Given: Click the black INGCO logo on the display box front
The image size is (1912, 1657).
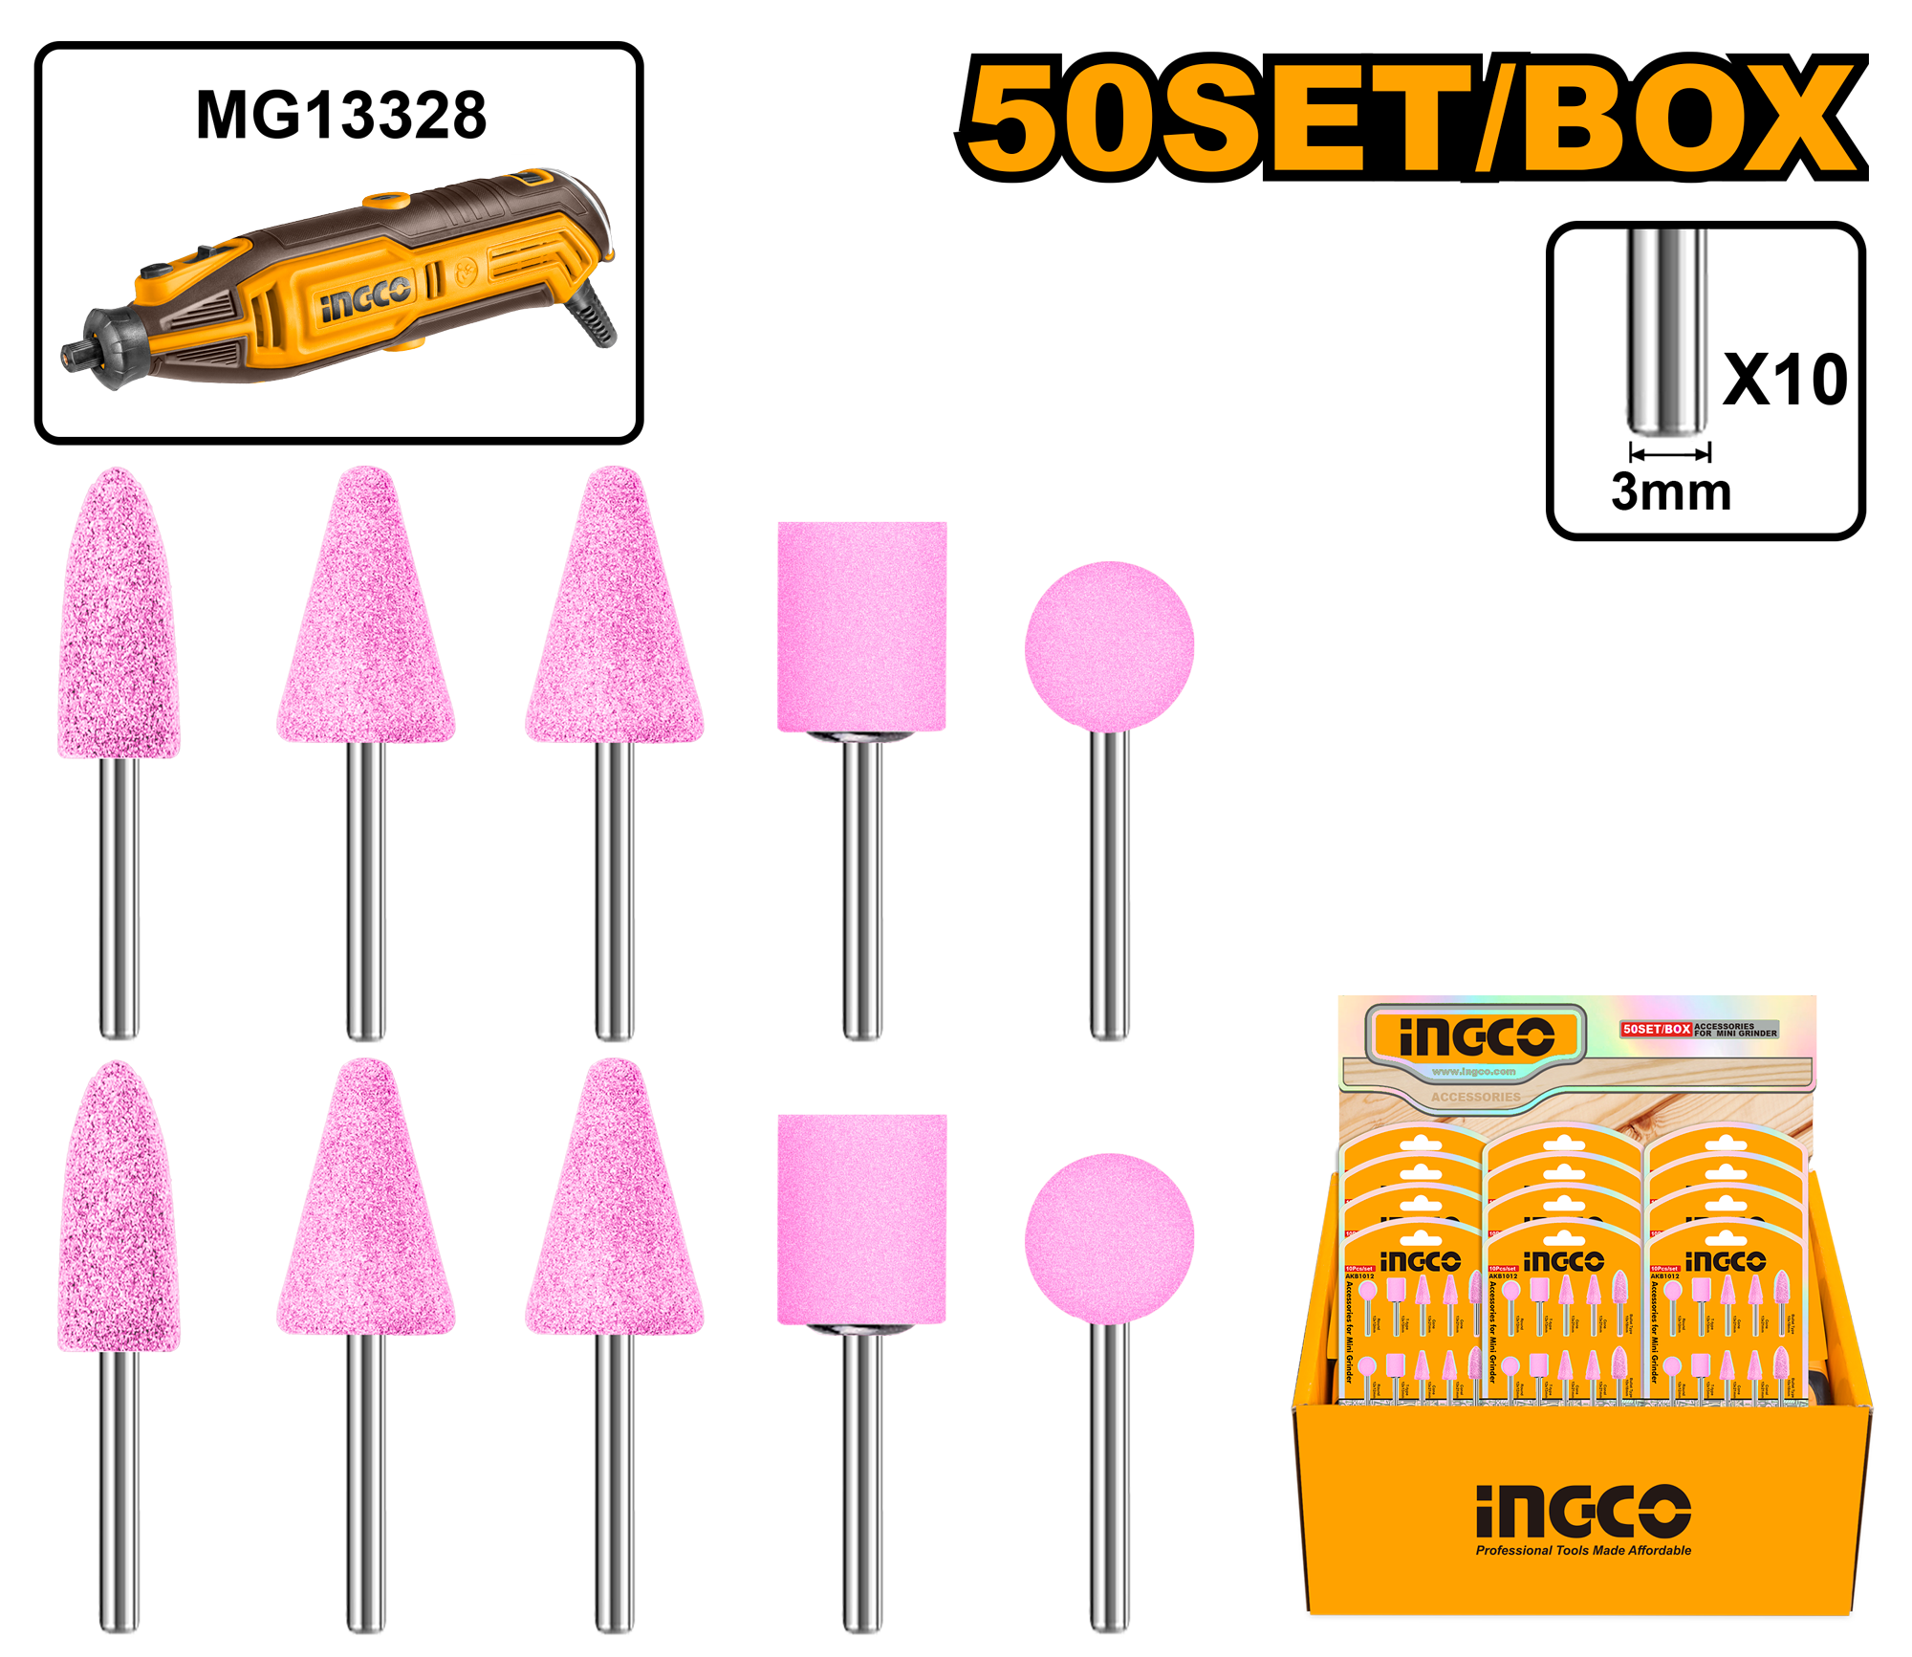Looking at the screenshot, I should coord(1583,1513).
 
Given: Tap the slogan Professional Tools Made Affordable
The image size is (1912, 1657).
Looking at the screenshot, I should coord(1583,1551).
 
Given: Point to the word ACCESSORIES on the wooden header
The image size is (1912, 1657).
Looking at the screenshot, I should coord(1475,1097).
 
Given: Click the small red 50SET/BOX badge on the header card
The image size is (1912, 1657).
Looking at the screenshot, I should coord(1656,1030).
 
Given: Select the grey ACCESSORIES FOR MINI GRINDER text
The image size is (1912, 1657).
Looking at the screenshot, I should coord(1735,1030).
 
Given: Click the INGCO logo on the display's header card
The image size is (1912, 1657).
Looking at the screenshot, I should coord(1476,1037).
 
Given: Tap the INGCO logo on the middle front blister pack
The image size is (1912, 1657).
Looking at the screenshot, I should coord(1563,1261).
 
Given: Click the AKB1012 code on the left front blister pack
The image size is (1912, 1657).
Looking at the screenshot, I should coord(1359,1276).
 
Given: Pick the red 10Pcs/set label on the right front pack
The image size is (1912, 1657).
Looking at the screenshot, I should coord(1664,1268).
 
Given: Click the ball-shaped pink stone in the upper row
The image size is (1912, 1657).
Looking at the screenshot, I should coord(1109,650).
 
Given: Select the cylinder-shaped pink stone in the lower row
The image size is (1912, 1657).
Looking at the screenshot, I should coord(861,1219).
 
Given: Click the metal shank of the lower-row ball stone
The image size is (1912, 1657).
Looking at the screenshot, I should coord(1109,1482).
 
